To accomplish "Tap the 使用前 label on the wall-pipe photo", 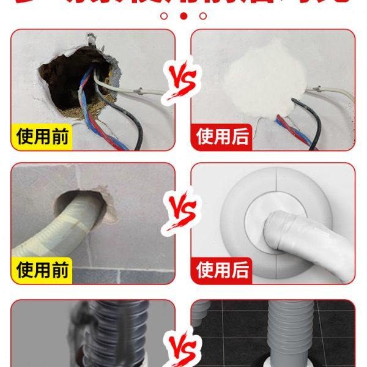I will [42, 269].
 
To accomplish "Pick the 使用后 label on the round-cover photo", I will [224, 269].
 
